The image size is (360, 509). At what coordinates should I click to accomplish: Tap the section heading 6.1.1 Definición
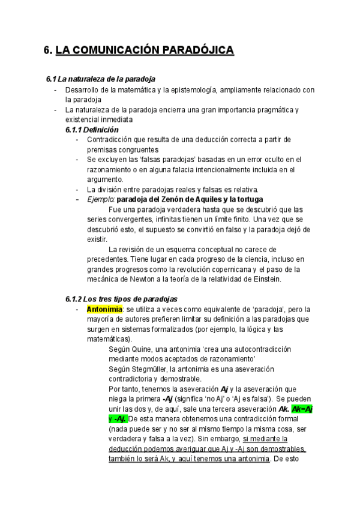92,130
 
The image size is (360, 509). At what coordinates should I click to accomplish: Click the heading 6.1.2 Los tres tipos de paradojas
121,299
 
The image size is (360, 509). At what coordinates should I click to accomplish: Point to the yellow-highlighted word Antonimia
104,309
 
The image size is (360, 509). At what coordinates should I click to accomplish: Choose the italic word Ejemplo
100,199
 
